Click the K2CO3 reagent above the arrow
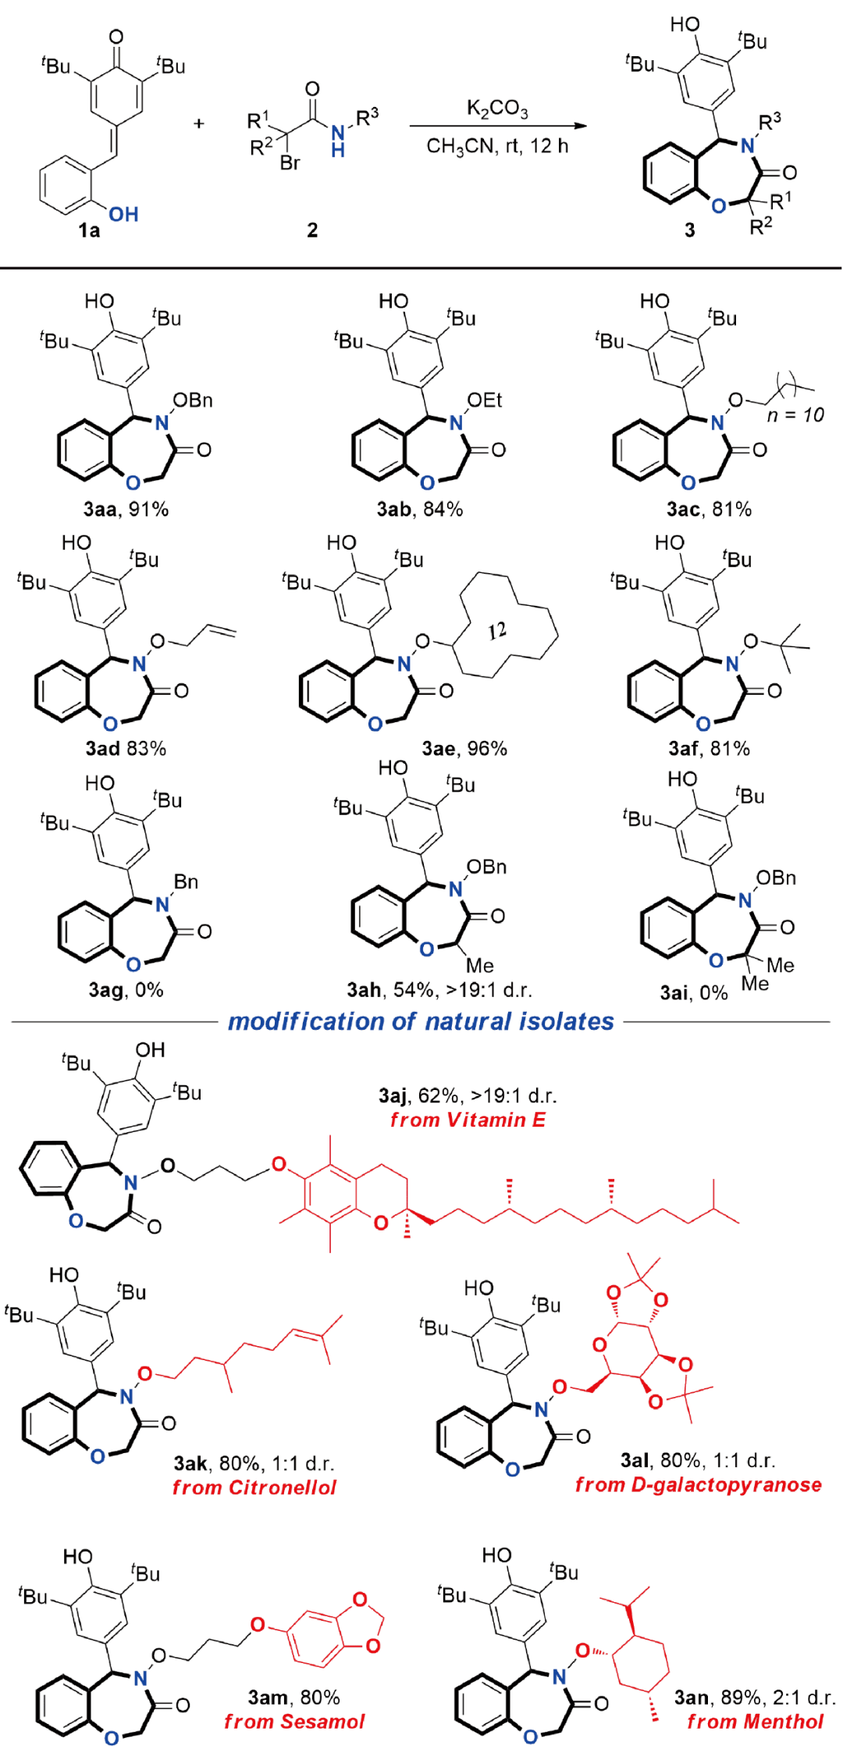pos(496,109)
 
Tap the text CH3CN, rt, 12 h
pos(496,146)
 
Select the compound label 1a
pos(89,230)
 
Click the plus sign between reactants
pos(200,123)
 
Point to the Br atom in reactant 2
pos(290,163)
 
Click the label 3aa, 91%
pos(126,509)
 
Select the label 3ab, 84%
pos(419,509)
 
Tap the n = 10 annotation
pos(795,415)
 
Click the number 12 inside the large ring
pos(497,630)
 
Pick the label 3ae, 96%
pos(464,749)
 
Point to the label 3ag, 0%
pos(126,990)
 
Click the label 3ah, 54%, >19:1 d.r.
pos(439,990)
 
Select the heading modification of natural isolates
pos(421,1021)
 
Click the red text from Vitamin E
pos(468,1120)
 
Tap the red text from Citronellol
pos(254,1487)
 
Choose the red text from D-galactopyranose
pos(698,1484)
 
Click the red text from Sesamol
pos(293,1722)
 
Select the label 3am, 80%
pos(293,1697)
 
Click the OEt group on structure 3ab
pos(484,401)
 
